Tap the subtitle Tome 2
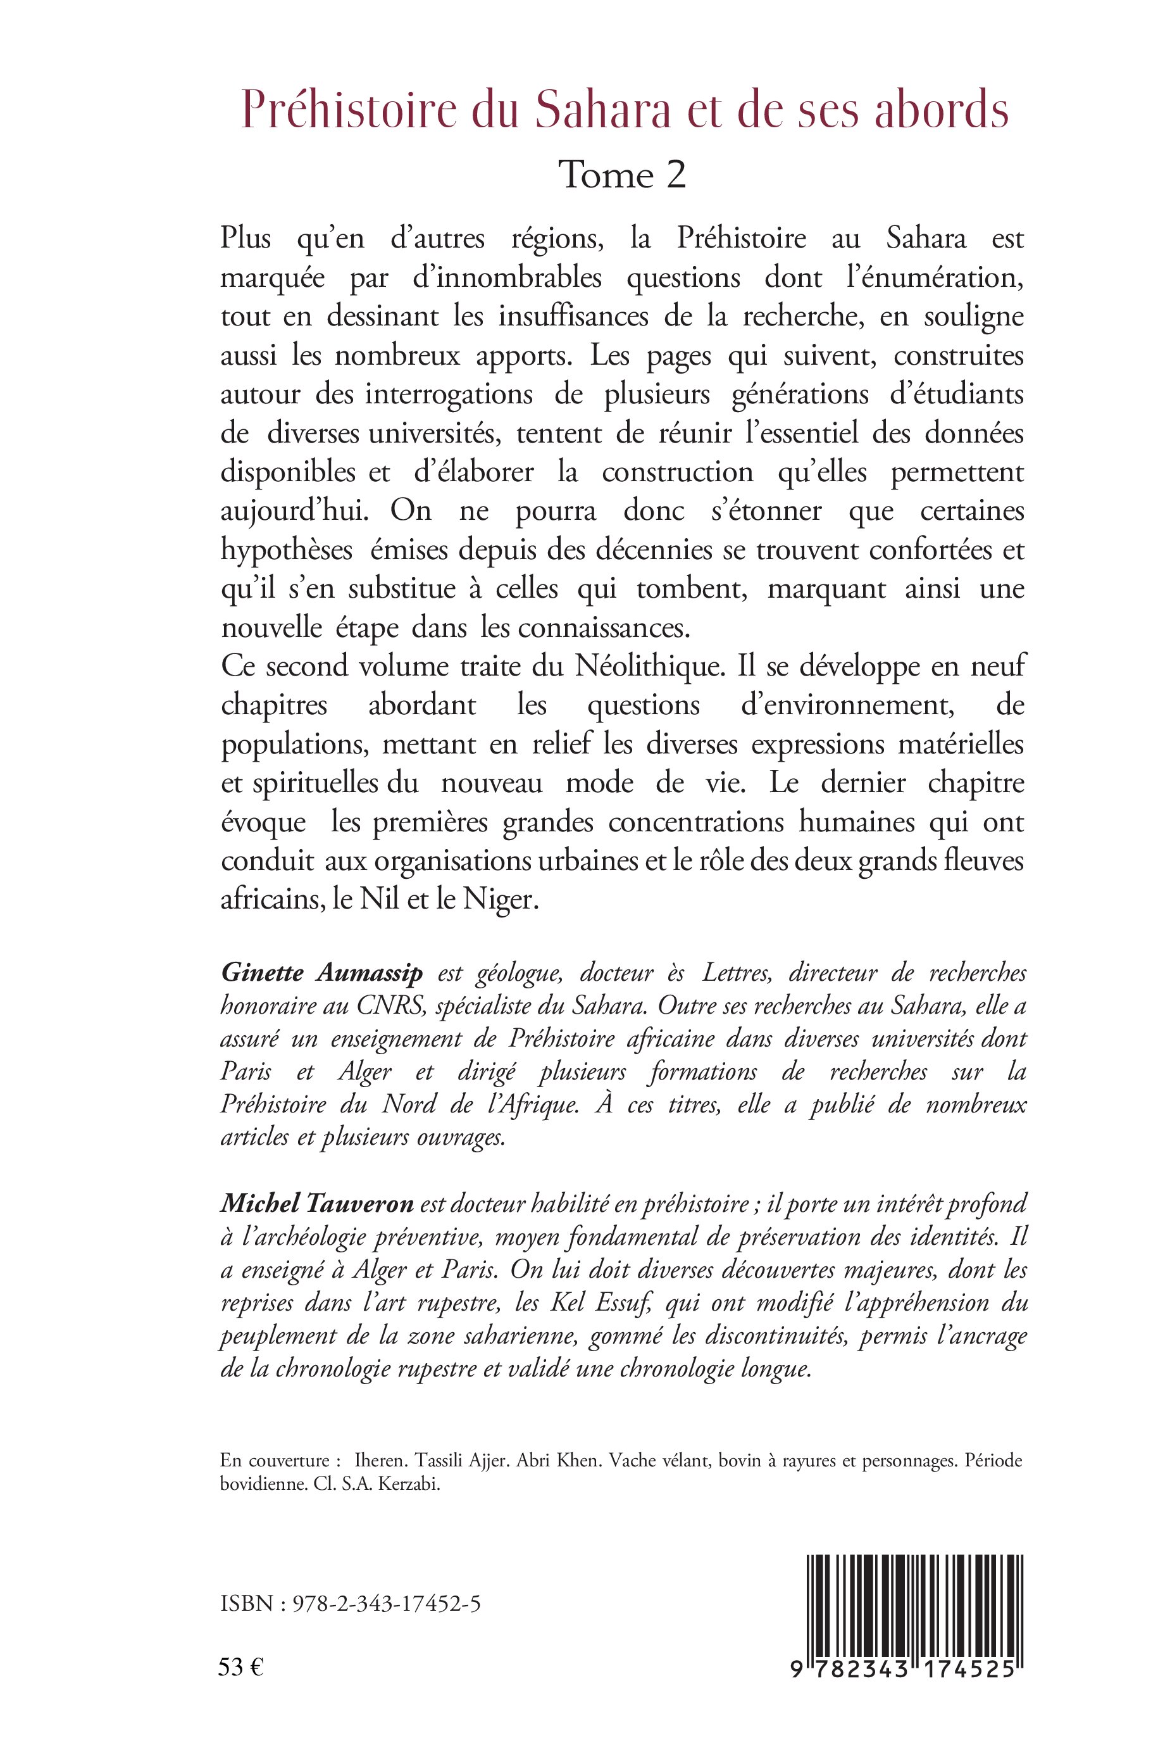(x=623, y=175)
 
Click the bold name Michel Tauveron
(x=317, y=1204)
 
